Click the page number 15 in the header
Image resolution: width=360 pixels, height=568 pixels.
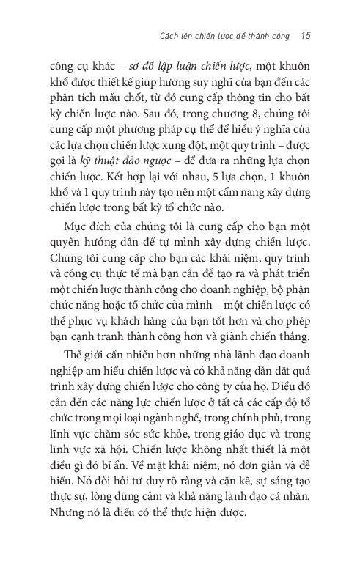tap(306, 34)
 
